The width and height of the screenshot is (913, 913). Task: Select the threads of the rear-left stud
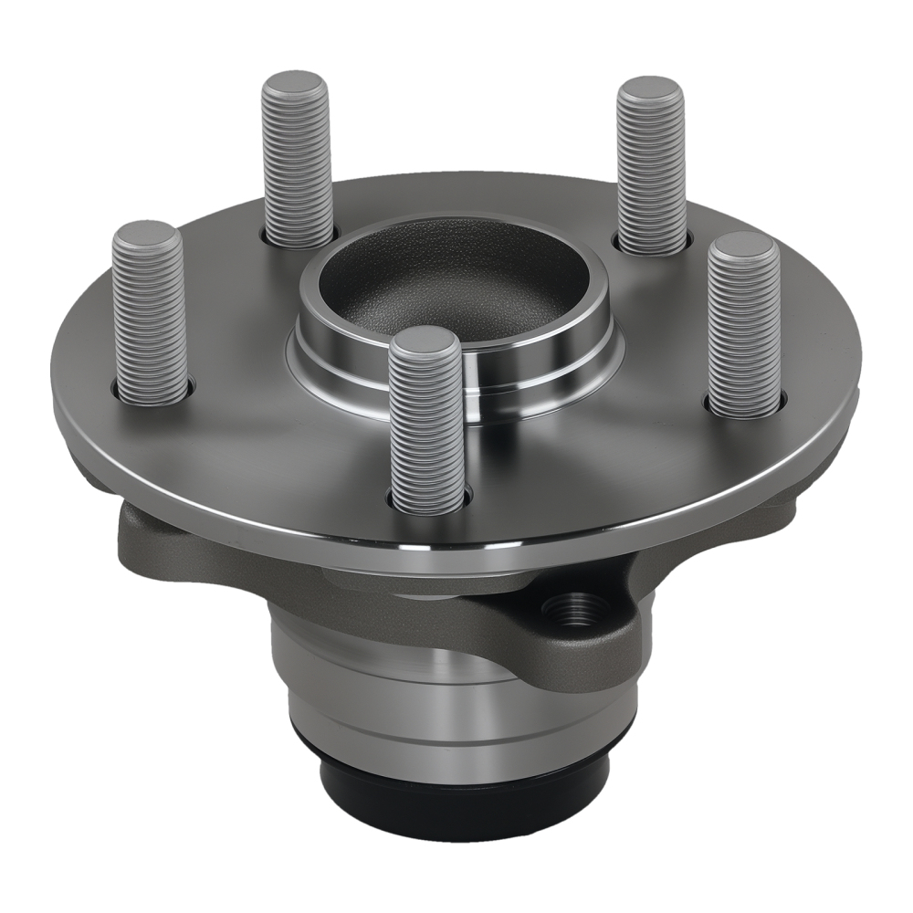click(x=298, y=169)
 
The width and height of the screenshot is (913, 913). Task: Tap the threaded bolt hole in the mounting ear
click(x=575, y=607)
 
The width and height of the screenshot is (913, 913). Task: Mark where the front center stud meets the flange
click(x=429, y=500)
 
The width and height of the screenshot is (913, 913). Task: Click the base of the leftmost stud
click(x=152, y=394)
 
